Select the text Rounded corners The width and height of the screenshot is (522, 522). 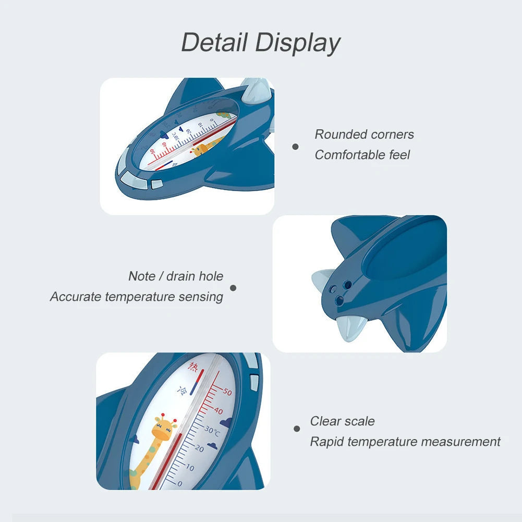coord(364,135)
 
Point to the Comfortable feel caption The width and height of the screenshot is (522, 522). coord(362,155)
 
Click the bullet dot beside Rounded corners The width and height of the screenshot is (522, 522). coord(295,147)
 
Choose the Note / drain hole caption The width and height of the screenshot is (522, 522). coord(176,276)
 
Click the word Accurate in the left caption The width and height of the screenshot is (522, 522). coord(76,297)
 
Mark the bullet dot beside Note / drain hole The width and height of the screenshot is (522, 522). coord(233,287)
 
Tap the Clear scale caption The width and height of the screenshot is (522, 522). coord(342,421)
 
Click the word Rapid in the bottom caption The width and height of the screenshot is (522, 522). coord(327,442)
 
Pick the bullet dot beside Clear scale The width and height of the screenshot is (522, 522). coord(297,429)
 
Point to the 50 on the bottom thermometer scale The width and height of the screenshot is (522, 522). coord(227,392)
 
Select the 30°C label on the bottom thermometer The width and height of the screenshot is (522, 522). coord(213,431)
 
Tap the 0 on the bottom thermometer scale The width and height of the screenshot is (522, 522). coord(180,483)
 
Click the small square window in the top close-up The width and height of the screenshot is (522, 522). coord(156,184)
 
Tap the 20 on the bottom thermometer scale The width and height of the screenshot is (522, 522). coord(199,448)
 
